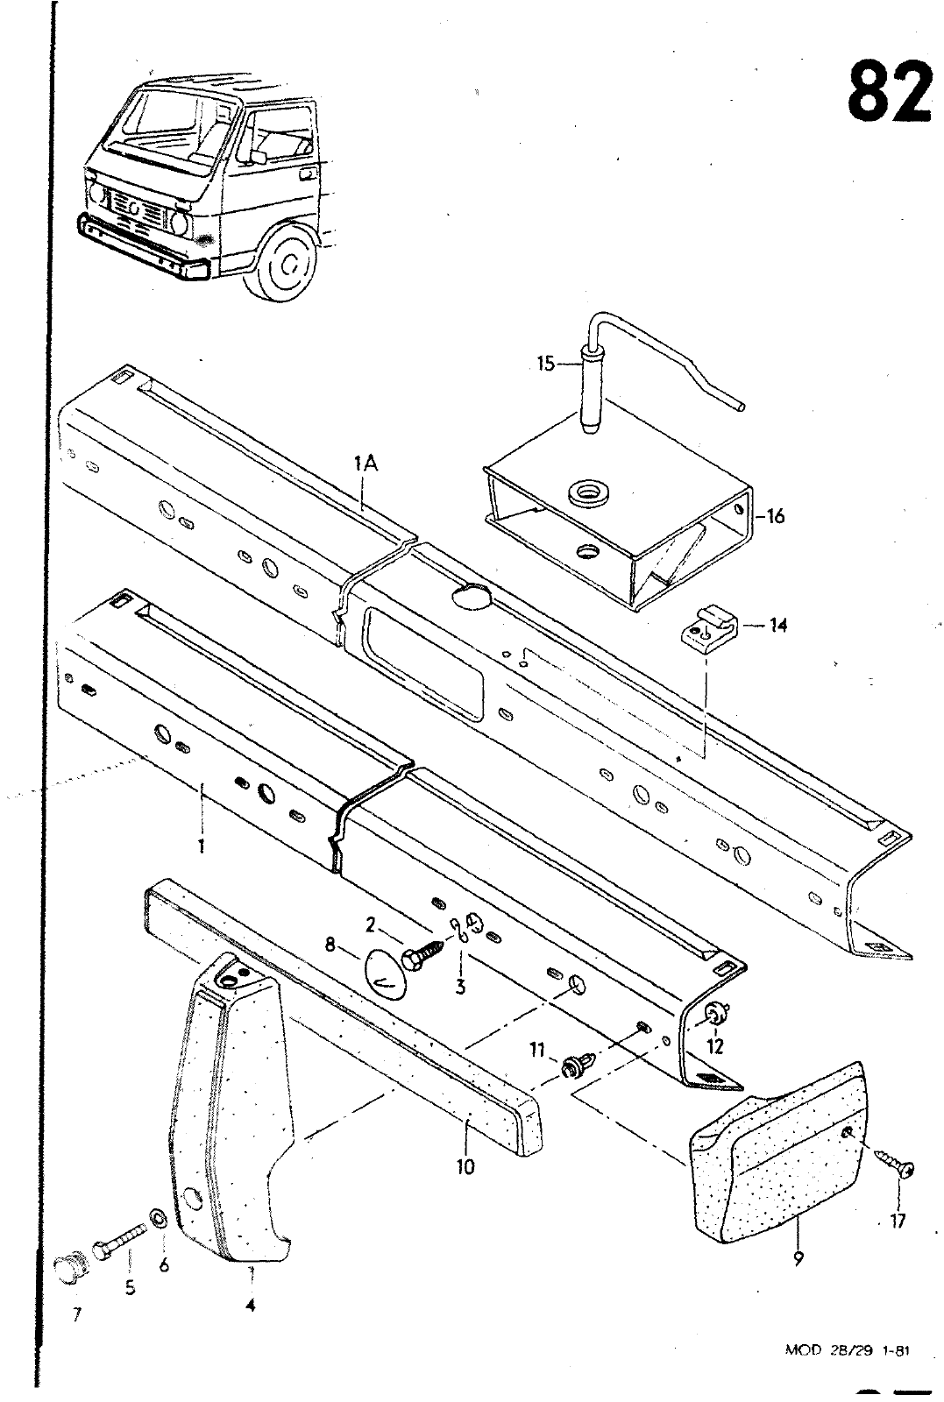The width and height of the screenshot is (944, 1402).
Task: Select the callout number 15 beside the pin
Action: point(546,363)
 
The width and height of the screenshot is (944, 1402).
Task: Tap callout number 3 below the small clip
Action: point(459,987)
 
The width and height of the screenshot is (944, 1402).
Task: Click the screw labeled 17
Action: point(896,1166)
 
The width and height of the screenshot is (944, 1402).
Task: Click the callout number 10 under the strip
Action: point(465,1166)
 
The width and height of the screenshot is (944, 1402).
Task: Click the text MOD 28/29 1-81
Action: point(847,1350)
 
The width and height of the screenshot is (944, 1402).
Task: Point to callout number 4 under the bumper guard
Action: point(251,1306)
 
